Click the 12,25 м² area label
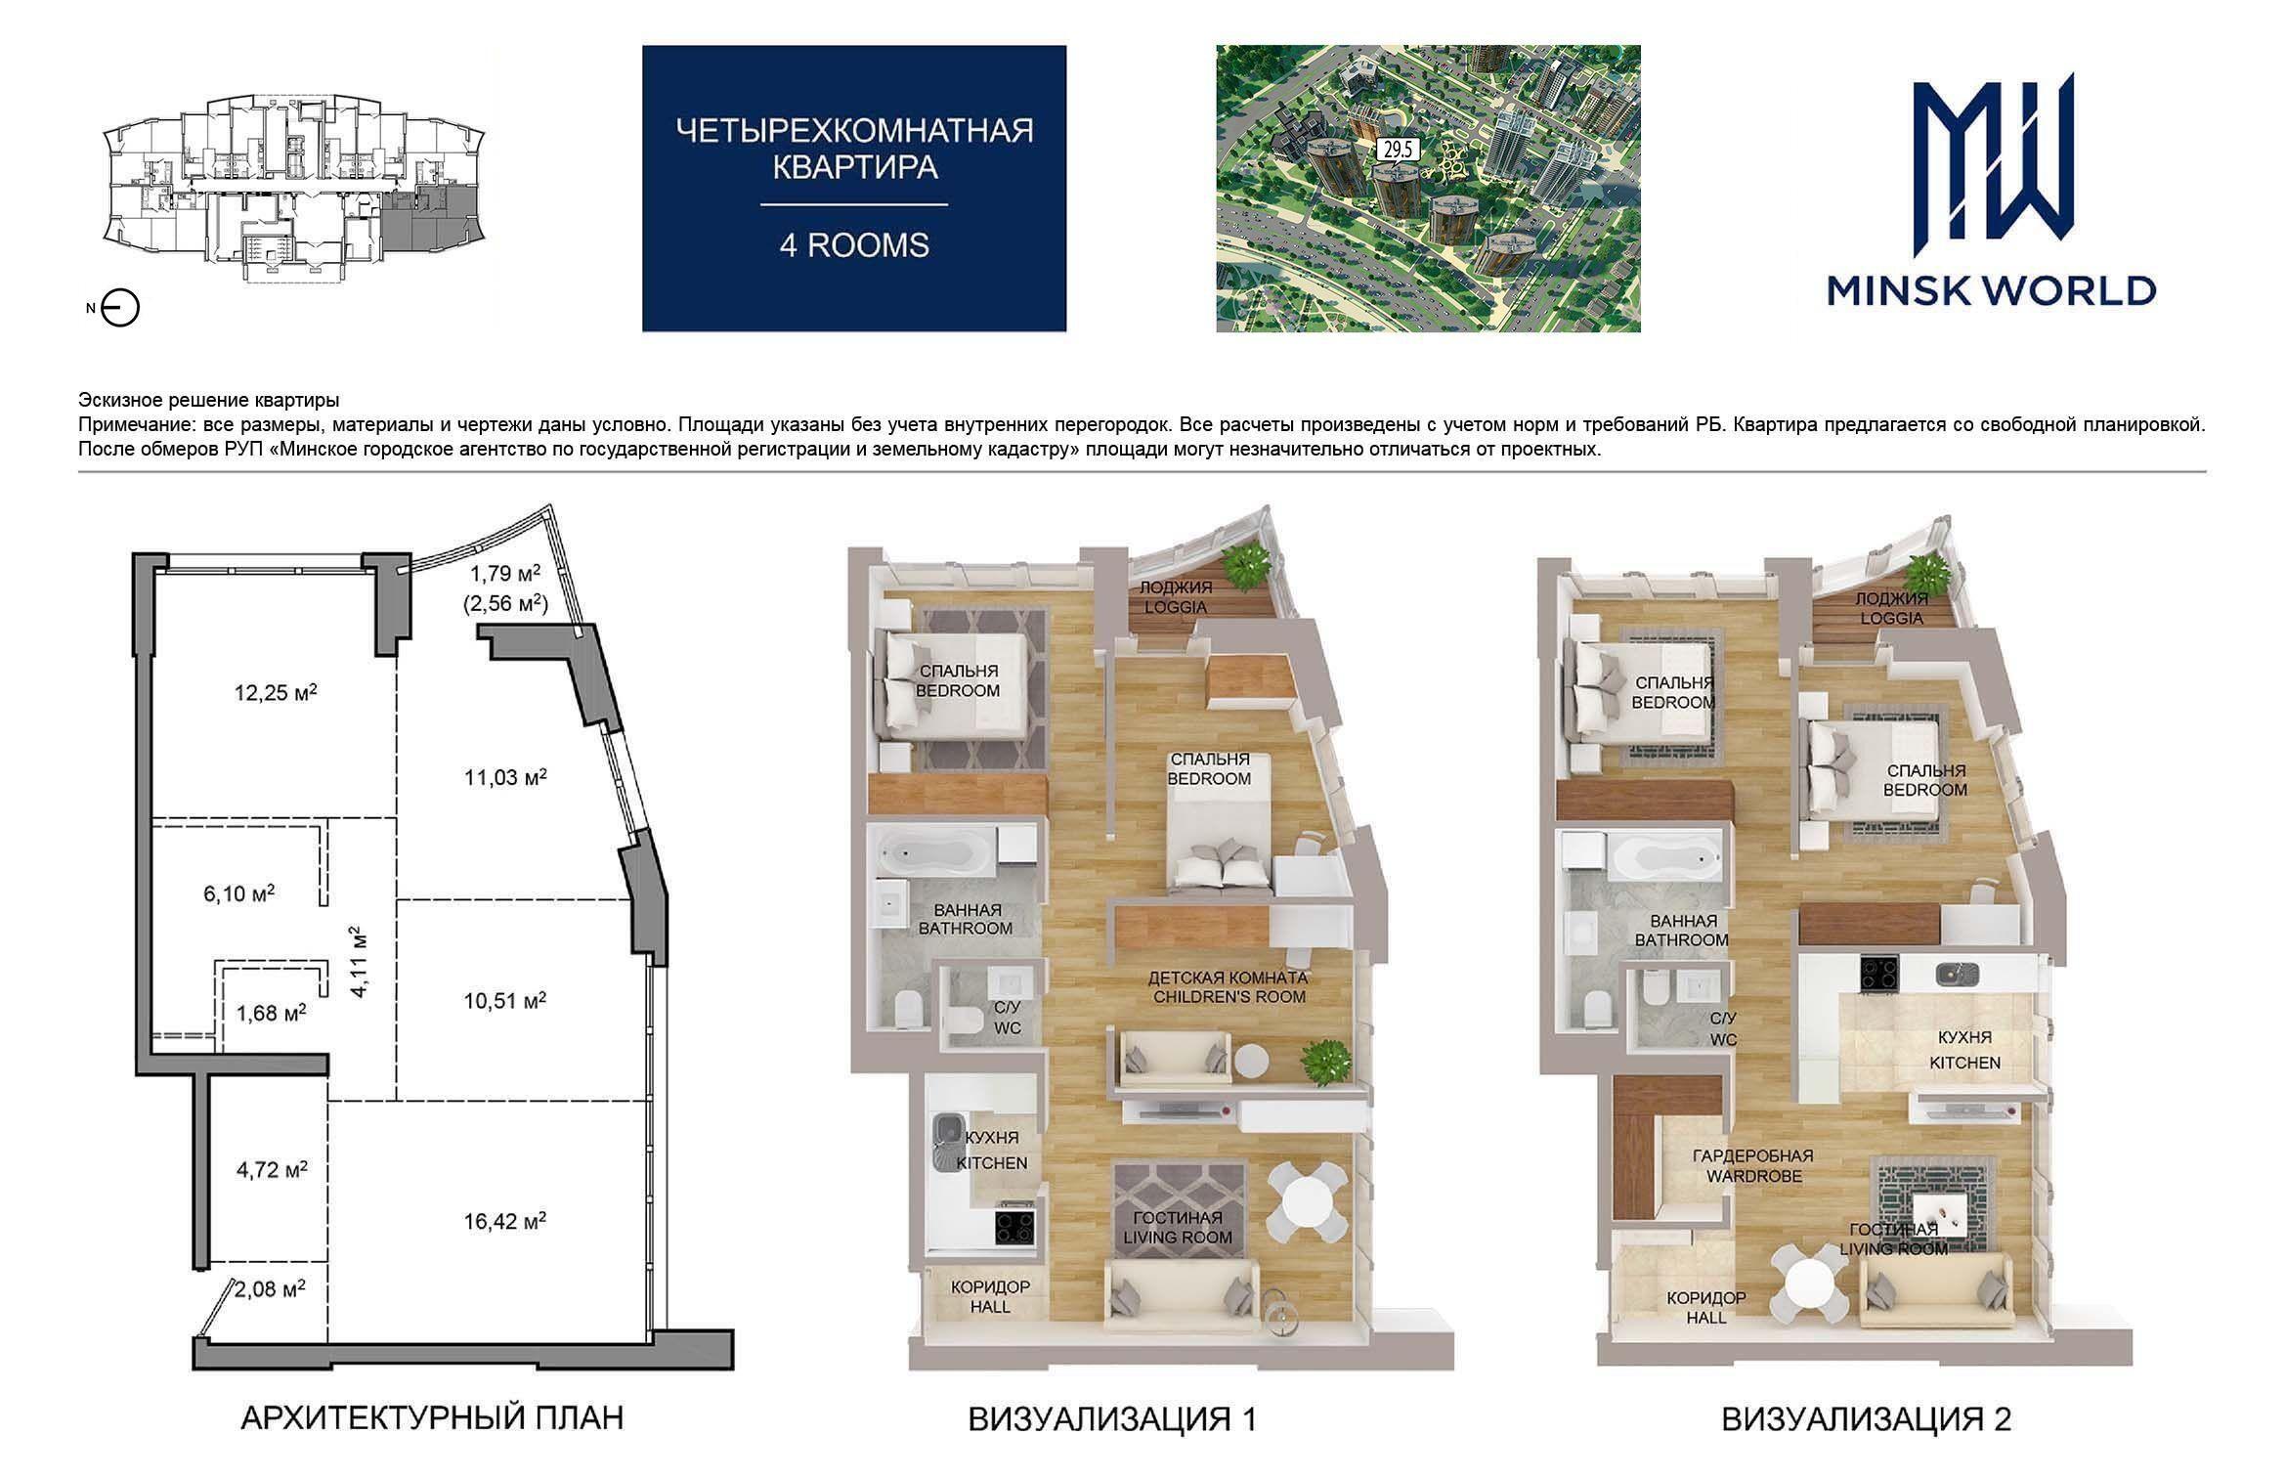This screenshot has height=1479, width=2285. point(276,693)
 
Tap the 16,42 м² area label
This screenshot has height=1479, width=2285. point(504,1221)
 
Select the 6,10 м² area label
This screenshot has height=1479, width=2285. point(239,893)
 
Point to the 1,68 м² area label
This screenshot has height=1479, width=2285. point(272,1013)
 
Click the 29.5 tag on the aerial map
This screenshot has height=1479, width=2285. point(1397,150)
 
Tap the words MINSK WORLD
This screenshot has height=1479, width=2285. point(1991,290)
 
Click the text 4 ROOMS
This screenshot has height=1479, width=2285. point(854,244)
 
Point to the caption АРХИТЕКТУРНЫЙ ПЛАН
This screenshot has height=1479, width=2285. point(432,1417)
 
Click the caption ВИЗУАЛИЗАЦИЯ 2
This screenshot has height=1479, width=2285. point(1866,1419)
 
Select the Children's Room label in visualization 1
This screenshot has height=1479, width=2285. point(1228,987)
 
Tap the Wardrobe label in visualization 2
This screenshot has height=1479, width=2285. point(1753,1166)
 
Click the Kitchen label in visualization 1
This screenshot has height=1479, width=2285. point(992,1151)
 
